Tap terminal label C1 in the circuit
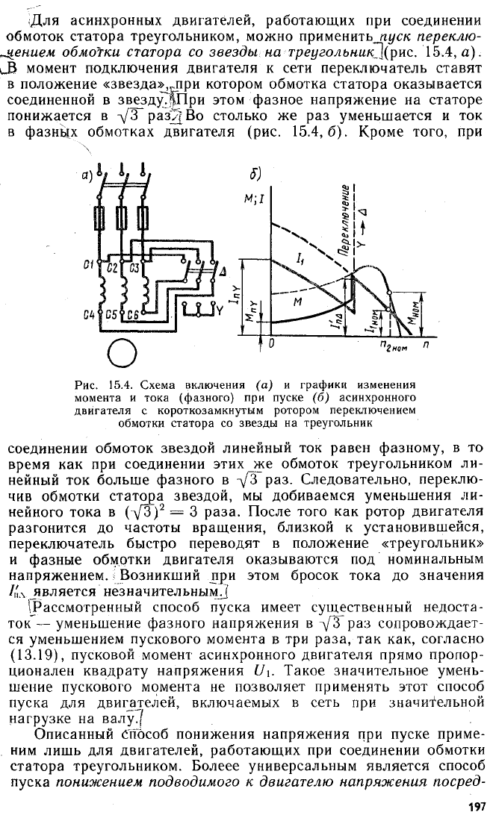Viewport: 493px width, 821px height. [88, 266]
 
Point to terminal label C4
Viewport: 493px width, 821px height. [88, 315]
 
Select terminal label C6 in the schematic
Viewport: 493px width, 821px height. [132, 315]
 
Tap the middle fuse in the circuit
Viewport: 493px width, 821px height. [122, 217]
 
